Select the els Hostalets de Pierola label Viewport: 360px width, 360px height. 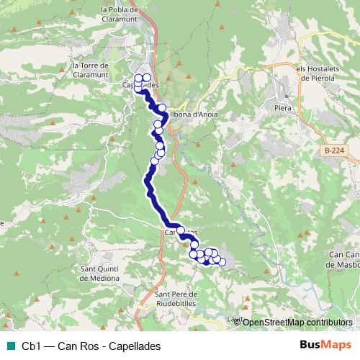[x=321, y=73]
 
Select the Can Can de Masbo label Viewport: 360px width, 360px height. [x=343, y=258]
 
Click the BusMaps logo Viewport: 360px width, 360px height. [x=326, y=345]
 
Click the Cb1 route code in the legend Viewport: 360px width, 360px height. [x=31, y=346]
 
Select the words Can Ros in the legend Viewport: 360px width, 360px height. [x=78, y=346]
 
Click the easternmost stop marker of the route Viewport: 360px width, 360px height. [x=222, y=261]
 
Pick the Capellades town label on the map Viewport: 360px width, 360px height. [x=140, y=85]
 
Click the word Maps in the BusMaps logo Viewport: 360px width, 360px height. [x=336, y=345]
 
